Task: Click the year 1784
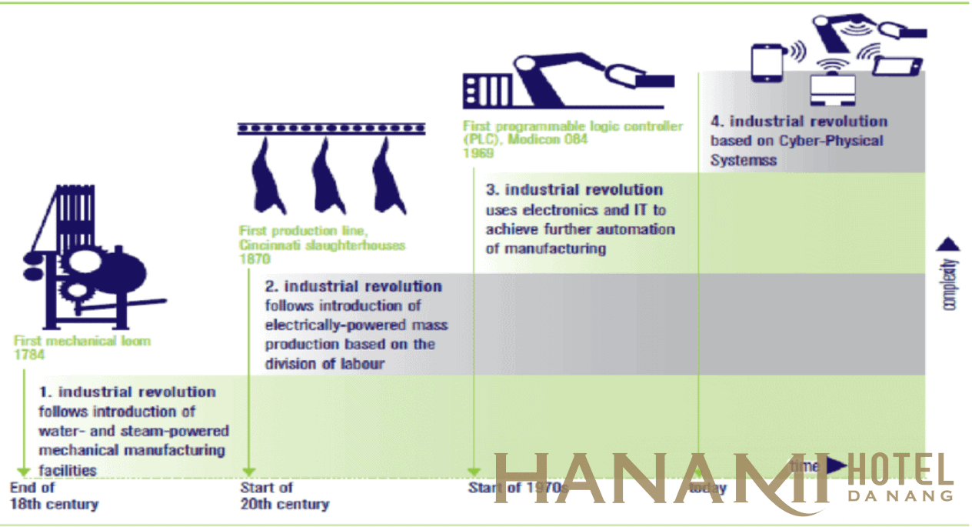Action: point(29,355)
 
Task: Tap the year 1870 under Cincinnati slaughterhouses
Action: point(255,260)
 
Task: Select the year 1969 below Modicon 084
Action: point(478,152)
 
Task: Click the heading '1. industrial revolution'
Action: point(128,392)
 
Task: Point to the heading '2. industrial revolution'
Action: point(354,287)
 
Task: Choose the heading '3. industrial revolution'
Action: point(574,190)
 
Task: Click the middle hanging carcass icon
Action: point(323,176)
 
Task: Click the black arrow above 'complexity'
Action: point(949,245)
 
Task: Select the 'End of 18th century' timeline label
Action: point(54,495)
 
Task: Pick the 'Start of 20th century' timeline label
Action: point(284,495)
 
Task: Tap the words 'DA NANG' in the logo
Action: point(900,495)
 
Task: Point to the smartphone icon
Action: point(767,62)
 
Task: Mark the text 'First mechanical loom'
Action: point(82,341)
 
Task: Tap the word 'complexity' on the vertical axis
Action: point(950,285)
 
